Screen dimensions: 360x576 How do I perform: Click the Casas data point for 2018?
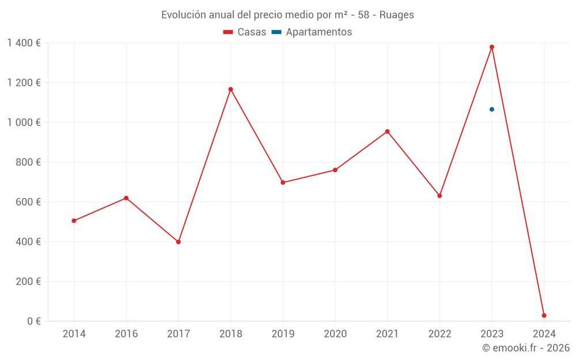point(230,89)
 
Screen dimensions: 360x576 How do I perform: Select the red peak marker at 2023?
point(491,47)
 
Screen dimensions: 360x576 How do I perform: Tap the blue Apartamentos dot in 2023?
point(491,109)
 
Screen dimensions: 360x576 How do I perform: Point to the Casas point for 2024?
point(544,316)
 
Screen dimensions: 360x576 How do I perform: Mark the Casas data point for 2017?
point(178,242)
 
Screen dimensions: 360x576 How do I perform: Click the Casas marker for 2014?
point(74,221)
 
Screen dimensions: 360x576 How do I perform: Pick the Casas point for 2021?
point(387,131)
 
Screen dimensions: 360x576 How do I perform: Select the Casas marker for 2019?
point(283,183)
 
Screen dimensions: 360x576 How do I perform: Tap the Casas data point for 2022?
point(439,196)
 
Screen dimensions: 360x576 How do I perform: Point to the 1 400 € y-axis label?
point(24,43)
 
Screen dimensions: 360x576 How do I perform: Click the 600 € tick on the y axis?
point(30,202)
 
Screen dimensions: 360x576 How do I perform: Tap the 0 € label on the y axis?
point(34,321)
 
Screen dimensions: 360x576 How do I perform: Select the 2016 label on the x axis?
point(126,334)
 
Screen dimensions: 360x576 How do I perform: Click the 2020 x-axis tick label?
point(335,334)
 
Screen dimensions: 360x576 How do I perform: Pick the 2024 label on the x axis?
point(544,334)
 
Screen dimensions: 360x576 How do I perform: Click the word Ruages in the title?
point(396,15)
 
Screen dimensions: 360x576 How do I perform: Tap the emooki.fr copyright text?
point(525,348)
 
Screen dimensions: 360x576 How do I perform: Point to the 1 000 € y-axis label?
point(24,123)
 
